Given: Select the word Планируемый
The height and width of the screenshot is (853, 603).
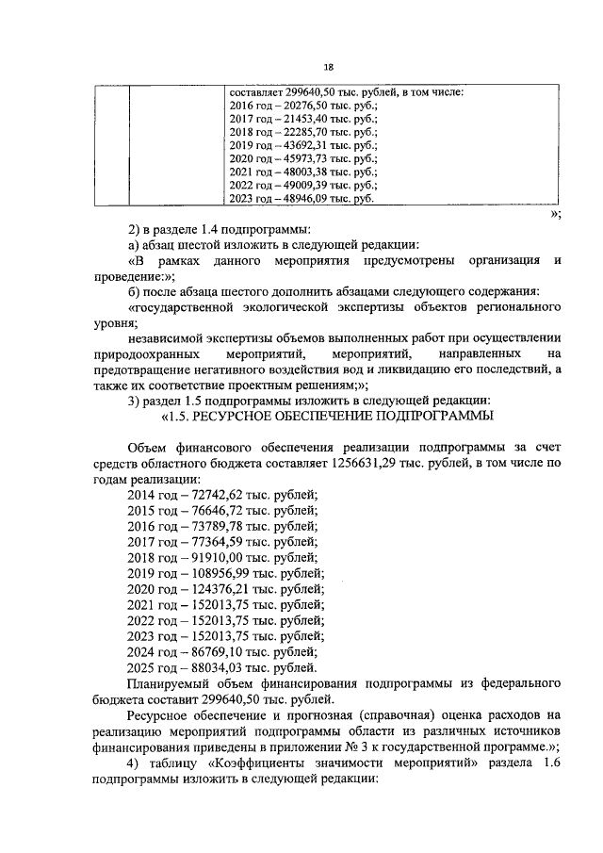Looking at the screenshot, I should click(x=167, y=682).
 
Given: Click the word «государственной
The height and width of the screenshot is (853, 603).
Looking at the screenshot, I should click(x=187, y=307).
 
